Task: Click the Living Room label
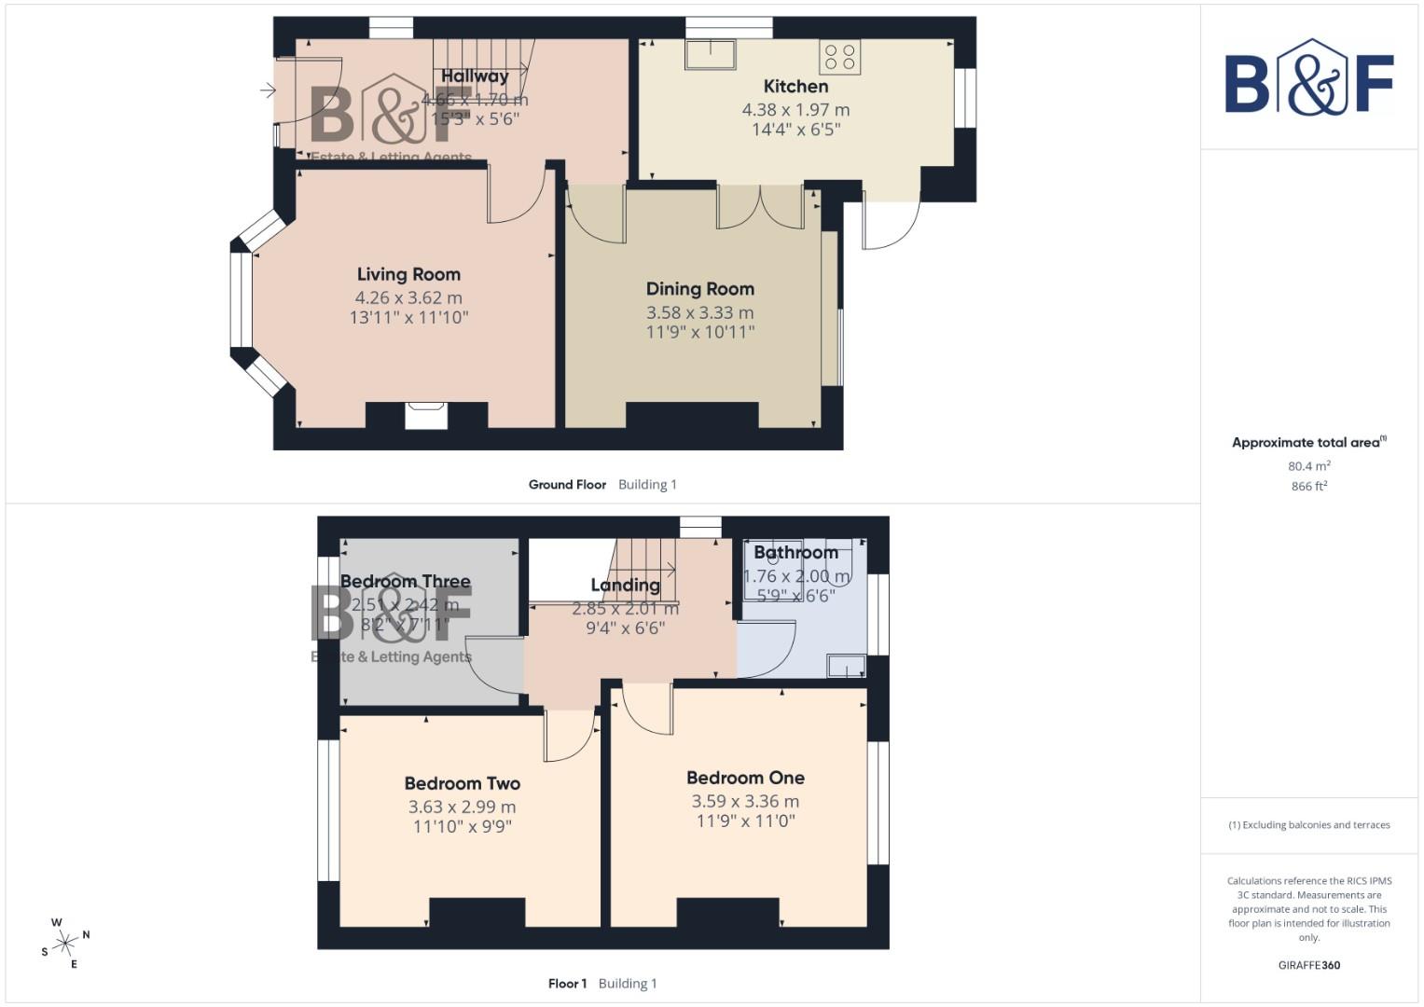click(x=408, y=274)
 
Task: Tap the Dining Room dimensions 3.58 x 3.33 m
click(x=699, y=312)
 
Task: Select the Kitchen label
click(x=795, y=86)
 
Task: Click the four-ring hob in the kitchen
click(x=839, y=57)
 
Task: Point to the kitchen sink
click(x=710, y=54)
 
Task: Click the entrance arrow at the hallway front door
click(x=268, y=90)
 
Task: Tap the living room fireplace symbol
click(x=426, y=415)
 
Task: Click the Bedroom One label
click(x=745, y=778)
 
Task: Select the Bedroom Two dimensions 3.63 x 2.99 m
click(x=462, y=807)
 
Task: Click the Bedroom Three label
click(x=405, y=581)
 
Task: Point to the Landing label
click(x=625, y=585)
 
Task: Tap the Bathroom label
click(x=795, y=552)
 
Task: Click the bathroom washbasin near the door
click(x=846, y=666)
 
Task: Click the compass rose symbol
click(x=65, y=944)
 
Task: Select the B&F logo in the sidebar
click(x=1308, y=78)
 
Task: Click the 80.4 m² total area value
click(x=1308, y=466)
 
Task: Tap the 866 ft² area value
click(x=1308, y=487)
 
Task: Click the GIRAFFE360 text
click(x=1308, y=965)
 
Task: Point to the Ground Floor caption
click(x=567, y=485)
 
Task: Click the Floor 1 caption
click(x=567, y=984)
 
